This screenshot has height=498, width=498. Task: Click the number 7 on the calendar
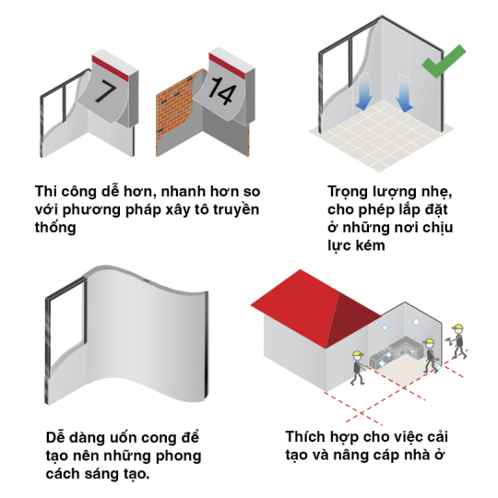click(x=105, y=90)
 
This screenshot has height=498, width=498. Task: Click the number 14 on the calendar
click(x=222, y=90)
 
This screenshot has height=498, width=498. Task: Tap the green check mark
click(x=444, y=61)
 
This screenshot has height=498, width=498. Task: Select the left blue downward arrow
click(x=364, y=91)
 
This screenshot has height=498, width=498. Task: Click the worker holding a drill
click(x=457, y=341)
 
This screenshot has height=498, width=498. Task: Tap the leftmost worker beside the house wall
click(x=358, y=368)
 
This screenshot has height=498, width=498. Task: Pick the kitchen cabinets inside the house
click(x=396, y=351)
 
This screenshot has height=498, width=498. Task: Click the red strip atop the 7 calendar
click(x=110, y=68)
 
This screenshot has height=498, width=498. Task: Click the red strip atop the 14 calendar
click(x=227, y=66)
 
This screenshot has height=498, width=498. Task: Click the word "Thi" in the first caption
click(x=45, y=191)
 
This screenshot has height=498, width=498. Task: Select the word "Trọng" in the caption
click(x=348, y=193)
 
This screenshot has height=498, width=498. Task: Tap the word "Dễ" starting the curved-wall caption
click(x=55, y=437)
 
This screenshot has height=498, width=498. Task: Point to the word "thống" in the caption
click(x=55, y=227)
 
